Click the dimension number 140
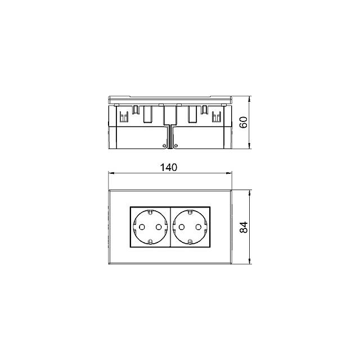(x=169, y=168)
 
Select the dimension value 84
(x=244, y=227)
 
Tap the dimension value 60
(x=244, y=122)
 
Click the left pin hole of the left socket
(x=142, y=227)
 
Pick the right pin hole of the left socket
(x=159, y=227)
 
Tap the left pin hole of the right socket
(x=182, y=227)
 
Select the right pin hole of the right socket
(x=199, y=227)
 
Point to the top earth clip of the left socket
(x=150, y=213)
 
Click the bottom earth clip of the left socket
(x=150, y=241)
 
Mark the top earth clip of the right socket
(x=190, y=213)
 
